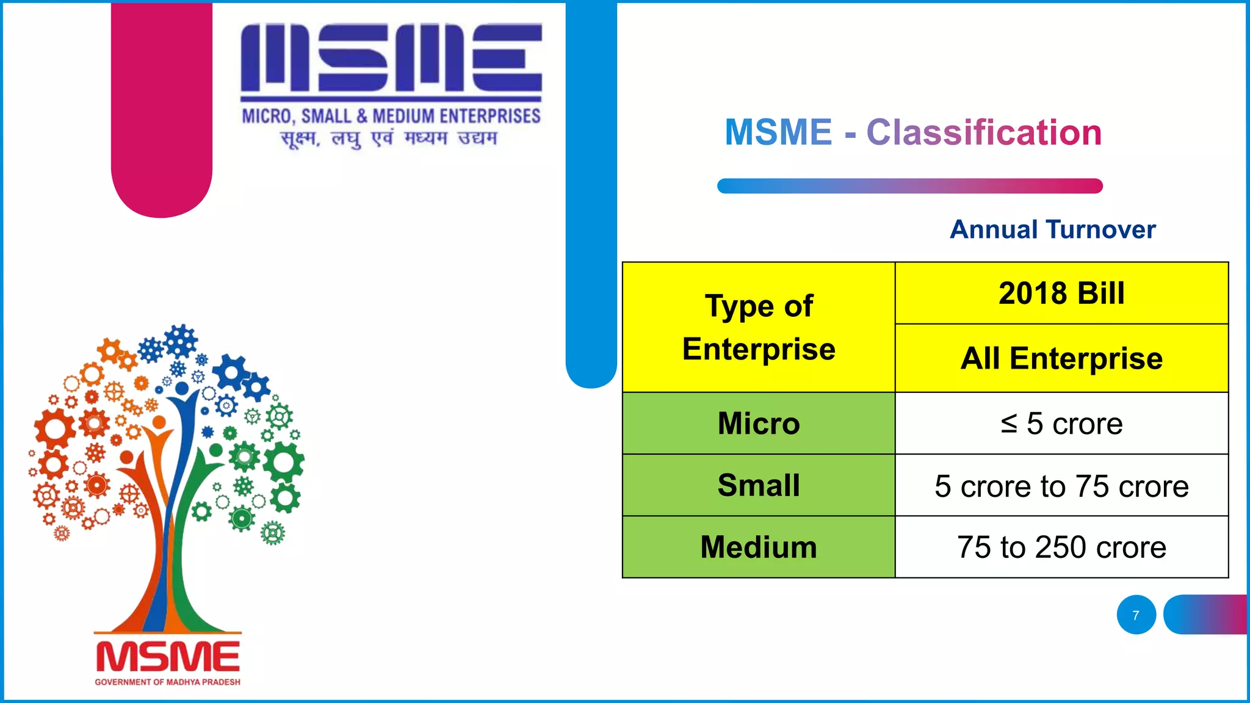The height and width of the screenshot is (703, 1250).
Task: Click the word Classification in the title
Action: click(984, 132)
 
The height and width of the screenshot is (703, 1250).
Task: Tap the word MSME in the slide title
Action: click(778, 132)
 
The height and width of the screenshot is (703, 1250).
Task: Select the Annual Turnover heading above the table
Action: click(1053, 229)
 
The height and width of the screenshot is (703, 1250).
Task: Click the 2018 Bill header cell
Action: click(1061, 294)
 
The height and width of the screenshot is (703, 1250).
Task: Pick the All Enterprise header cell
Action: click(1061, 358)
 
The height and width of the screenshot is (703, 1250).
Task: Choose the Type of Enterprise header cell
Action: click(759, 327)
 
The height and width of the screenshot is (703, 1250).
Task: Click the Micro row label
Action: click(759, 424)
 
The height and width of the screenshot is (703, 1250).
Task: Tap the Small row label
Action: click(759, 486)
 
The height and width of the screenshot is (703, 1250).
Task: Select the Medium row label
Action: click(759, 547)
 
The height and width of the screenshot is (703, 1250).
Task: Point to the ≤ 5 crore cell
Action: click(1061, 424)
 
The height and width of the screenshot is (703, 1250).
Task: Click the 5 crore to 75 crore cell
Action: click(1061, 486)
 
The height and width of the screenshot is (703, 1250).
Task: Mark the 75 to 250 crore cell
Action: click(1061, 547)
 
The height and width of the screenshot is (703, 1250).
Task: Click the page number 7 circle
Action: click(1136, 615)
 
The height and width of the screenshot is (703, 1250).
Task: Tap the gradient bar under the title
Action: click(909, 186)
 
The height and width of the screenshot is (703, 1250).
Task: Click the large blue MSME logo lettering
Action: click(391, 58)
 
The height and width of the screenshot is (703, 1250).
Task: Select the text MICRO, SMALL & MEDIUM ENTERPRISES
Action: click(391, 116)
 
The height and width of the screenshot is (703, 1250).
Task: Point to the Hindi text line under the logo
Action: click(389, 139)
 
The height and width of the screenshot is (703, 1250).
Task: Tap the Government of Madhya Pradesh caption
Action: click(168, 682)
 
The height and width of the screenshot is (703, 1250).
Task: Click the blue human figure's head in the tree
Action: click(182, 388)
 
